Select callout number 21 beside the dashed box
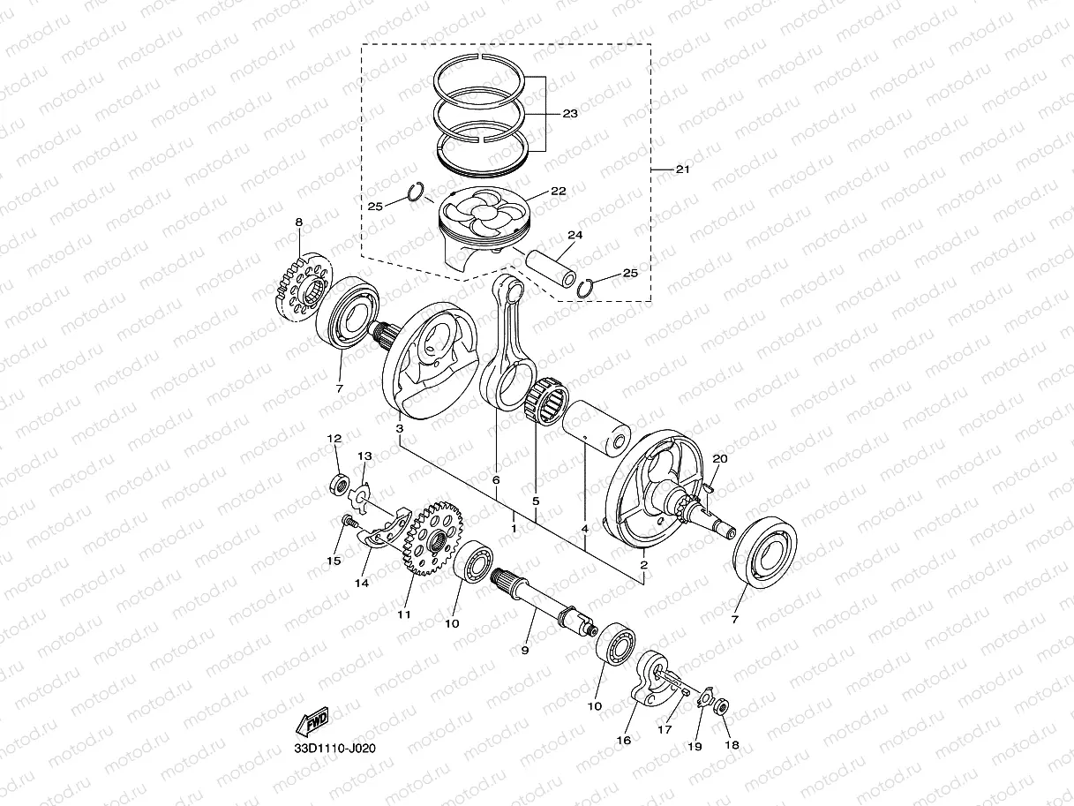pyautogui.click(x=683, y=169)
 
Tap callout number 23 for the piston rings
pyautogui.click(x=569, y=114)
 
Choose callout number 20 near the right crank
pyautogui.click(x=720, y=458)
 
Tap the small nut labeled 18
pyautogui.click(x=720, y=705)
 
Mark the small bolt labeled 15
pyautogui.click(x=348, y=524)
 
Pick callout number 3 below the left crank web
pyautogui.click(x=400, y=429)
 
